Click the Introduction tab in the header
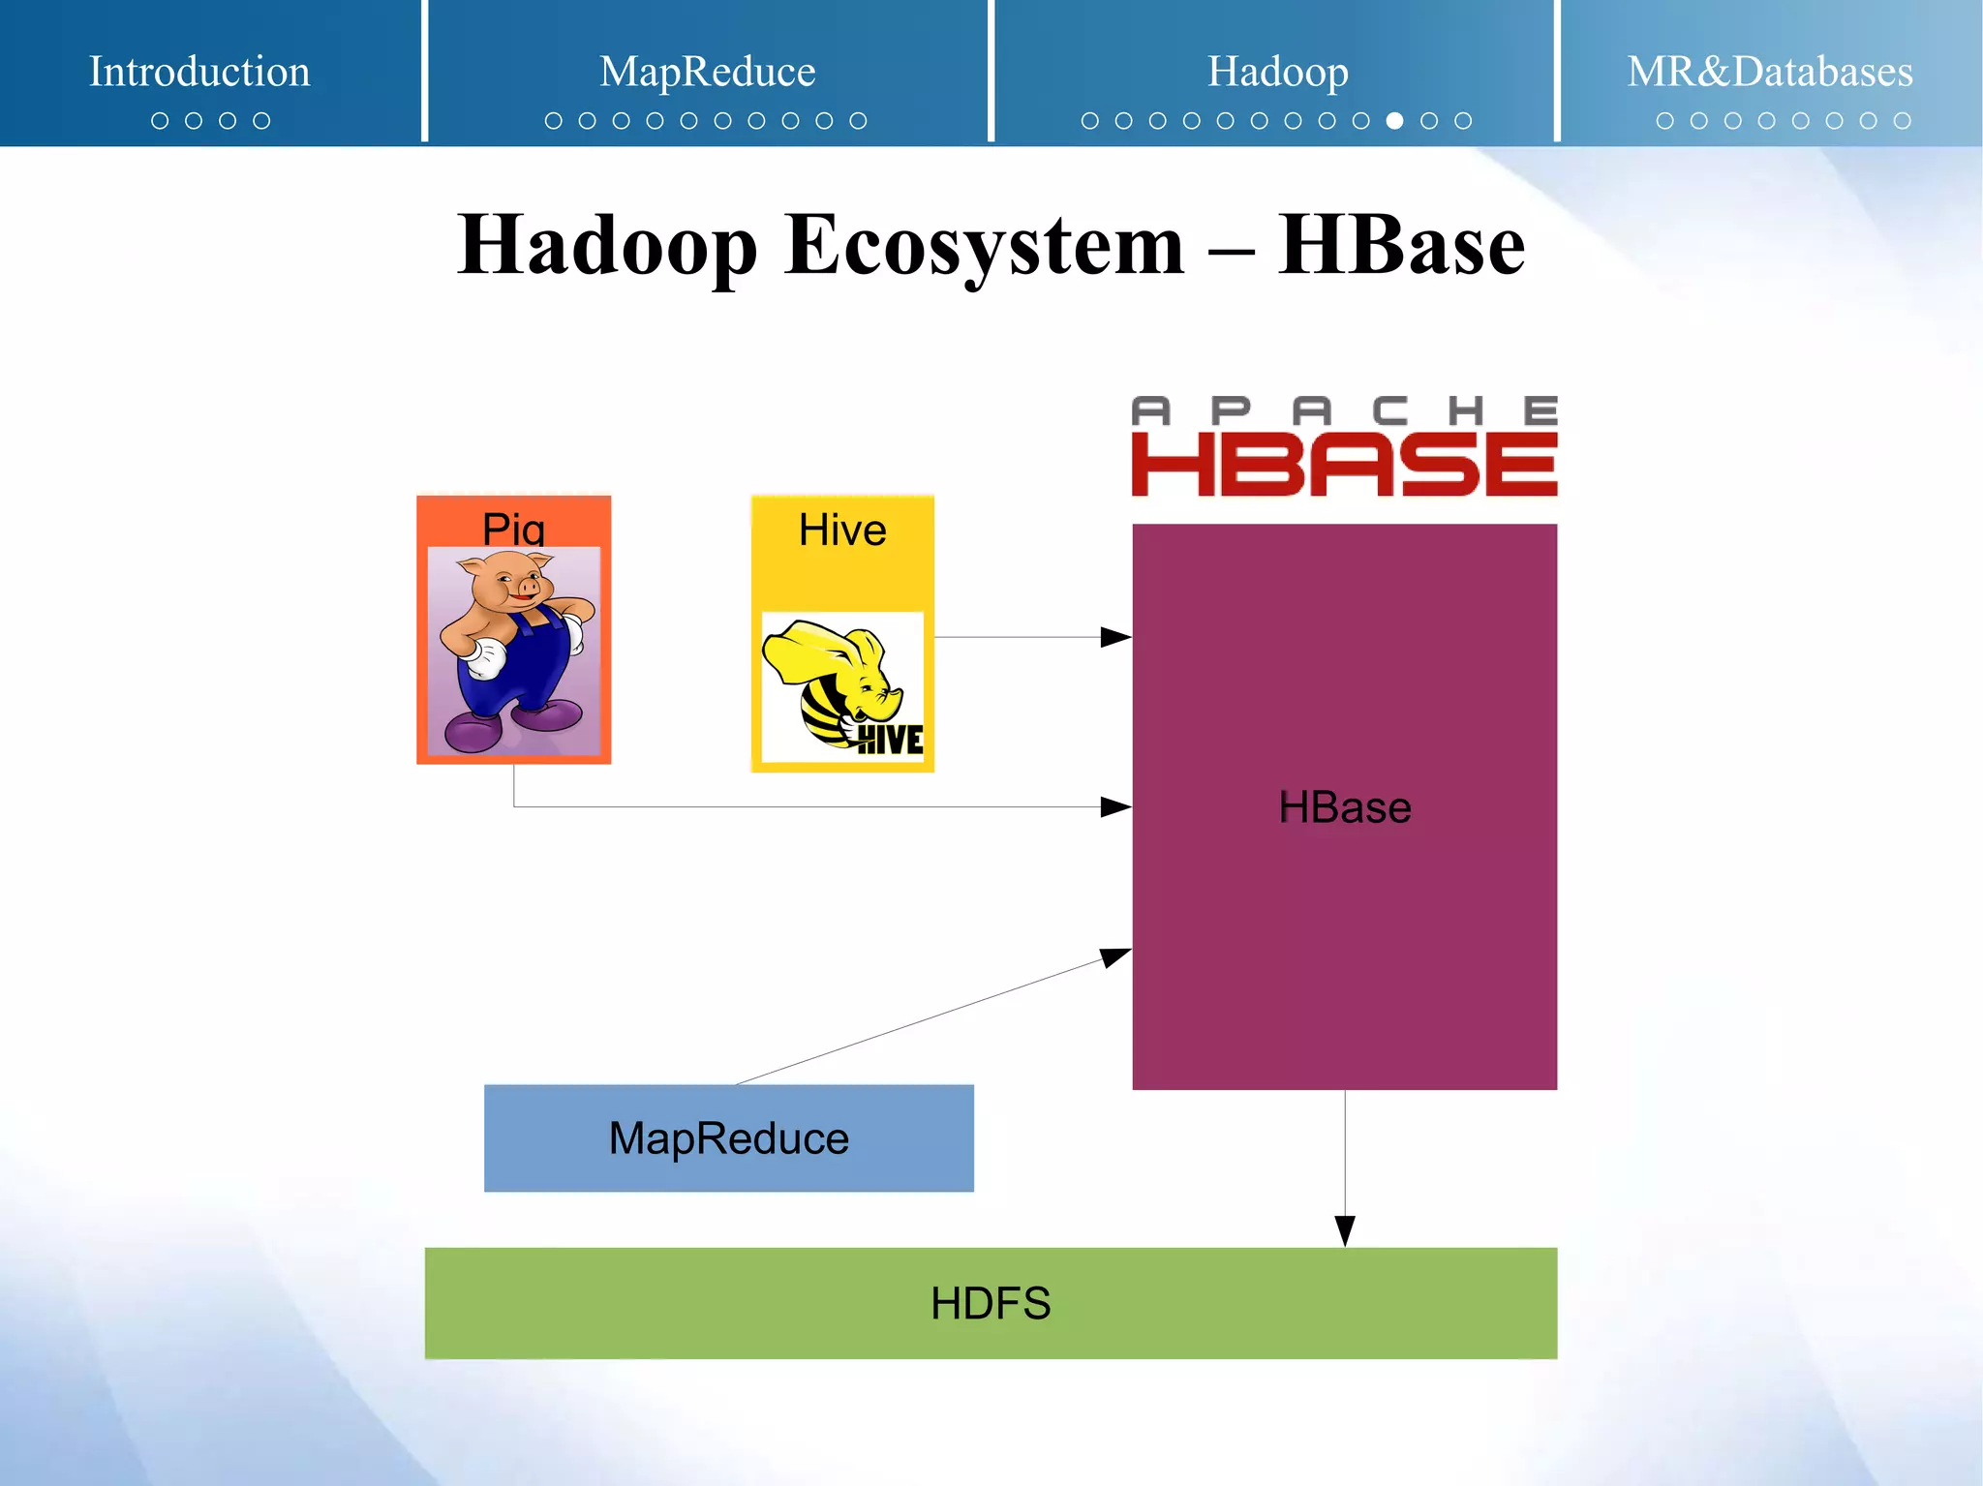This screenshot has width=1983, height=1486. (x=199, y=72)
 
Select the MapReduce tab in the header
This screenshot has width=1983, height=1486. (x=707, y=72)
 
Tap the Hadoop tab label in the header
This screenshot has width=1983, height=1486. (x=1277, y=72)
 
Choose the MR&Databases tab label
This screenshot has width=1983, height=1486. (x=1769, y=72)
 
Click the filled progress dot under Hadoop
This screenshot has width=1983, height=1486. (x=1394, y=121)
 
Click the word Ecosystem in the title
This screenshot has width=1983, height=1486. (x=984, y=245)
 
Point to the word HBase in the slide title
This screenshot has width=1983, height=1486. (x=1400, y=245)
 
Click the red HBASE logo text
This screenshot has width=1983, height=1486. (x=1344, y=465)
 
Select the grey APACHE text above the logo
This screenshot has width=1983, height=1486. (x=1344, y=410)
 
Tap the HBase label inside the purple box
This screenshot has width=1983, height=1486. (x=1344, y=807)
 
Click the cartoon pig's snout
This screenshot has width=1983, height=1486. (x=529, y=588)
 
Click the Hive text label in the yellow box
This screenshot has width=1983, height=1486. (x=842, y=531)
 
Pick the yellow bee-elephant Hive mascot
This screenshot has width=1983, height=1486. (x=840, y=685)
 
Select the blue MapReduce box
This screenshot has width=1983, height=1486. (x=728, y=1138)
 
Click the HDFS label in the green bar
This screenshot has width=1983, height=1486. (x=990, y=1303)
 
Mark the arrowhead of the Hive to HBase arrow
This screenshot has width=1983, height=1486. (x=1116, y=637)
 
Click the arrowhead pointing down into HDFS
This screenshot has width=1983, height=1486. (x=1344, y=1231)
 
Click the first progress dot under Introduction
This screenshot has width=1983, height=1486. (x=160, y=121)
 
